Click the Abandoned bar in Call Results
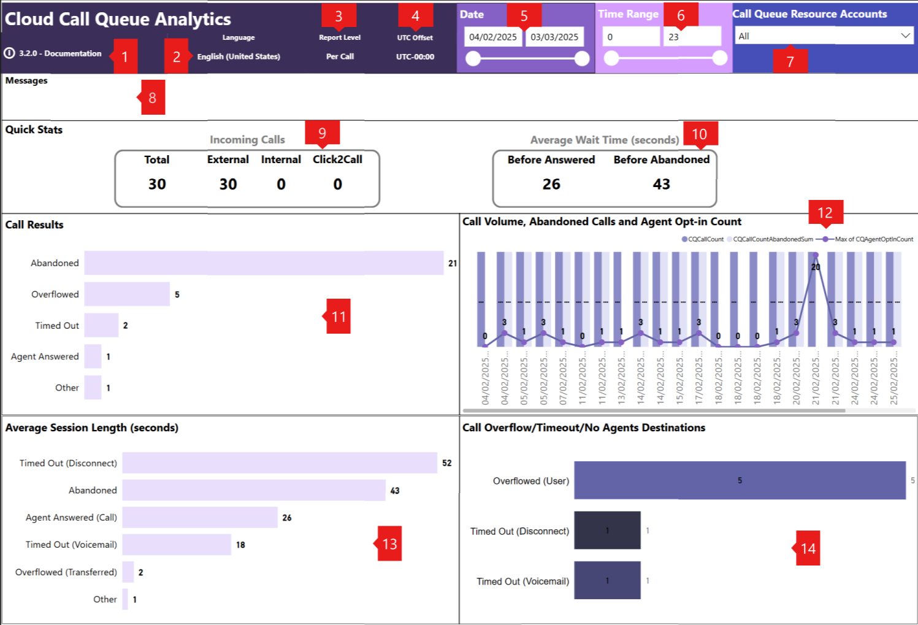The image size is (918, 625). [264, 263]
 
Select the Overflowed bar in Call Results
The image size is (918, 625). [127, 294]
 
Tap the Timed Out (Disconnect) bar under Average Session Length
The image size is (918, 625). [280, 463]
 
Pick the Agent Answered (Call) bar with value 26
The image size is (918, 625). [200, 517]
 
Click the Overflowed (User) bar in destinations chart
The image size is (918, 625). [740, 480]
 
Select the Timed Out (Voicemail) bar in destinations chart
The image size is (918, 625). [607, 580]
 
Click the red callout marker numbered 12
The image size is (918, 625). [825, 212]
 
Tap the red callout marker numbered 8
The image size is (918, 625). [153, 98]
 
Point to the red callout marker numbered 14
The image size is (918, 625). [808, 548]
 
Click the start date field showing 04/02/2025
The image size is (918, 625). [493, 37]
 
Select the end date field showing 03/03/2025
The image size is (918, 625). [554, 37]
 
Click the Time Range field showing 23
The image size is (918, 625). [691, 37]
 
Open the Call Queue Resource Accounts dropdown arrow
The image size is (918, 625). [905, 36]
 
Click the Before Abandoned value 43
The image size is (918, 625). [661, 184]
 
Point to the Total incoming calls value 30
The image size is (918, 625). [157, 184]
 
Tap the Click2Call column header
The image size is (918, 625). [337, 159]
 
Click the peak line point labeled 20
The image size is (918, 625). [816, 256]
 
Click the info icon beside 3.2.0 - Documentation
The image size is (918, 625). [9, 53]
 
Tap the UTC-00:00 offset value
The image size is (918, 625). [415, 56]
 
